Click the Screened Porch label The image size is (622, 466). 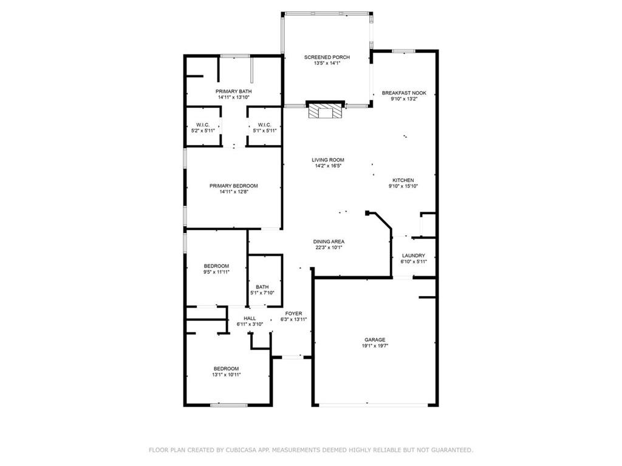click(327, 57)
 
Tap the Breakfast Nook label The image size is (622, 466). click(404, 93)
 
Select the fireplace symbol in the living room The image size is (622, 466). click(325, 111)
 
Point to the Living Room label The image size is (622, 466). click(328, 160)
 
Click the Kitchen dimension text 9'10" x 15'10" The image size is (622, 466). click(403, 186)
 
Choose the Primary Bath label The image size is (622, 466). click(234, 91)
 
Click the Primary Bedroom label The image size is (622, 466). click(234, 186)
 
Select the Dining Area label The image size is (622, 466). click(329, 241)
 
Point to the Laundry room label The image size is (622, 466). click(413, 255)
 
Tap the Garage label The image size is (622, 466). click(375, 340)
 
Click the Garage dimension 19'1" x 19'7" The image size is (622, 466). click(375, 346)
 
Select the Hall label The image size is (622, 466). click(250, 318)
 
